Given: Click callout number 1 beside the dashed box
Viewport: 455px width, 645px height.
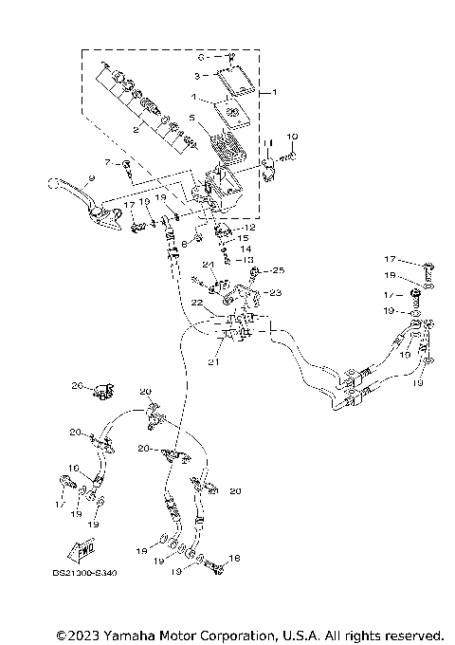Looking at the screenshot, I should pos(276,93).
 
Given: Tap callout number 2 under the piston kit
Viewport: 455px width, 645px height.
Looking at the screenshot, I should pos(136,132).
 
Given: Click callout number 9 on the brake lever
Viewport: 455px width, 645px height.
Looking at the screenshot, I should pos(90,177).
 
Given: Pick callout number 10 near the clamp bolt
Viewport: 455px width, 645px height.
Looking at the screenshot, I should pos(292,137).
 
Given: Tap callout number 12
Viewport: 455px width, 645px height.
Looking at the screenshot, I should pos(250,228).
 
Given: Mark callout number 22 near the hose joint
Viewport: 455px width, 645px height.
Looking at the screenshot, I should pos(197,304).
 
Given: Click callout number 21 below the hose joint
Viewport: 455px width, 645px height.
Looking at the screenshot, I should pos(214,362).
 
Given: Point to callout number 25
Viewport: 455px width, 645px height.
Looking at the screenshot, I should pos(280,271).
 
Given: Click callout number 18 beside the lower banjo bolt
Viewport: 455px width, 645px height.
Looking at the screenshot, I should pos(235,559).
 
